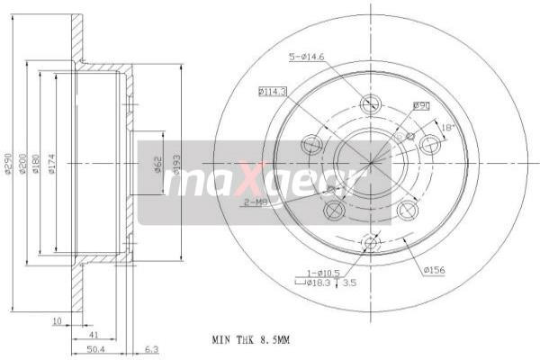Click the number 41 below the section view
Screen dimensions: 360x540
[94, 333]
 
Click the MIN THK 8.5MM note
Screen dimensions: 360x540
[252, 340]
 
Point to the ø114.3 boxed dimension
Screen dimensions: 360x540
[272, 91]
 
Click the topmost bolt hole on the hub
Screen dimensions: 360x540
[370, 104]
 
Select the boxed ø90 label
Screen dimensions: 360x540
[420, 106]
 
